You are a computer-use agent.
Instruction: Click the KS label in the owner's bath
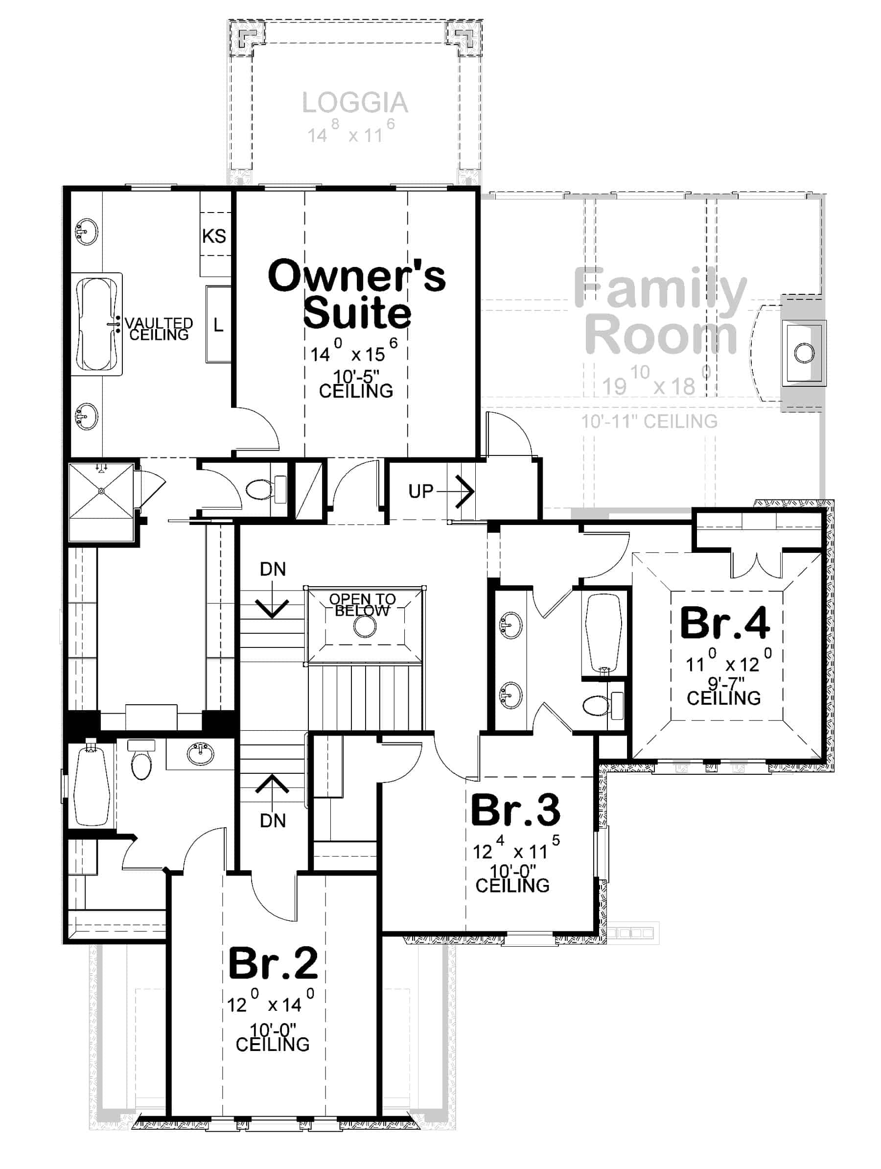tap(214, 236)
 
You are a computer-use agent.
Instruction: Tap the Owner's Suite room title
tap(356, 294)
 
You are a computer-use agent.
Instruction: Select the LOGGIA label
tap(355, 103)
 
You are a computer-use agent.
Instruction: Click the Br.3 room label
tap(515, 810)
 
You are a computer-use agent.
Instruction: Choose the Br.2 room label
tap(273, 963)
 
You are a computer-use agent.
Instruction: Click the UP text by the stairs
tap(420, 492)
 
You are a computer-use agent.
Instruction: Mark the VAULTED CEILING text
tap(159, 329)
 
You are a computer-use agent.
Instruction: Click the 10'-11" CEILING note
tap(649, 422)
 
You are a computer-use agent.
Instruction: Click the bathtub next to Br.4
tap(603, 635)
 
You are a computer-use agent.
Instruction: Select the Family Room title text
tap(660, 312)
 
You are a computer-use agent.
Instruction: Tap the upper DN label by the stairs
tap(273, 569)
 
